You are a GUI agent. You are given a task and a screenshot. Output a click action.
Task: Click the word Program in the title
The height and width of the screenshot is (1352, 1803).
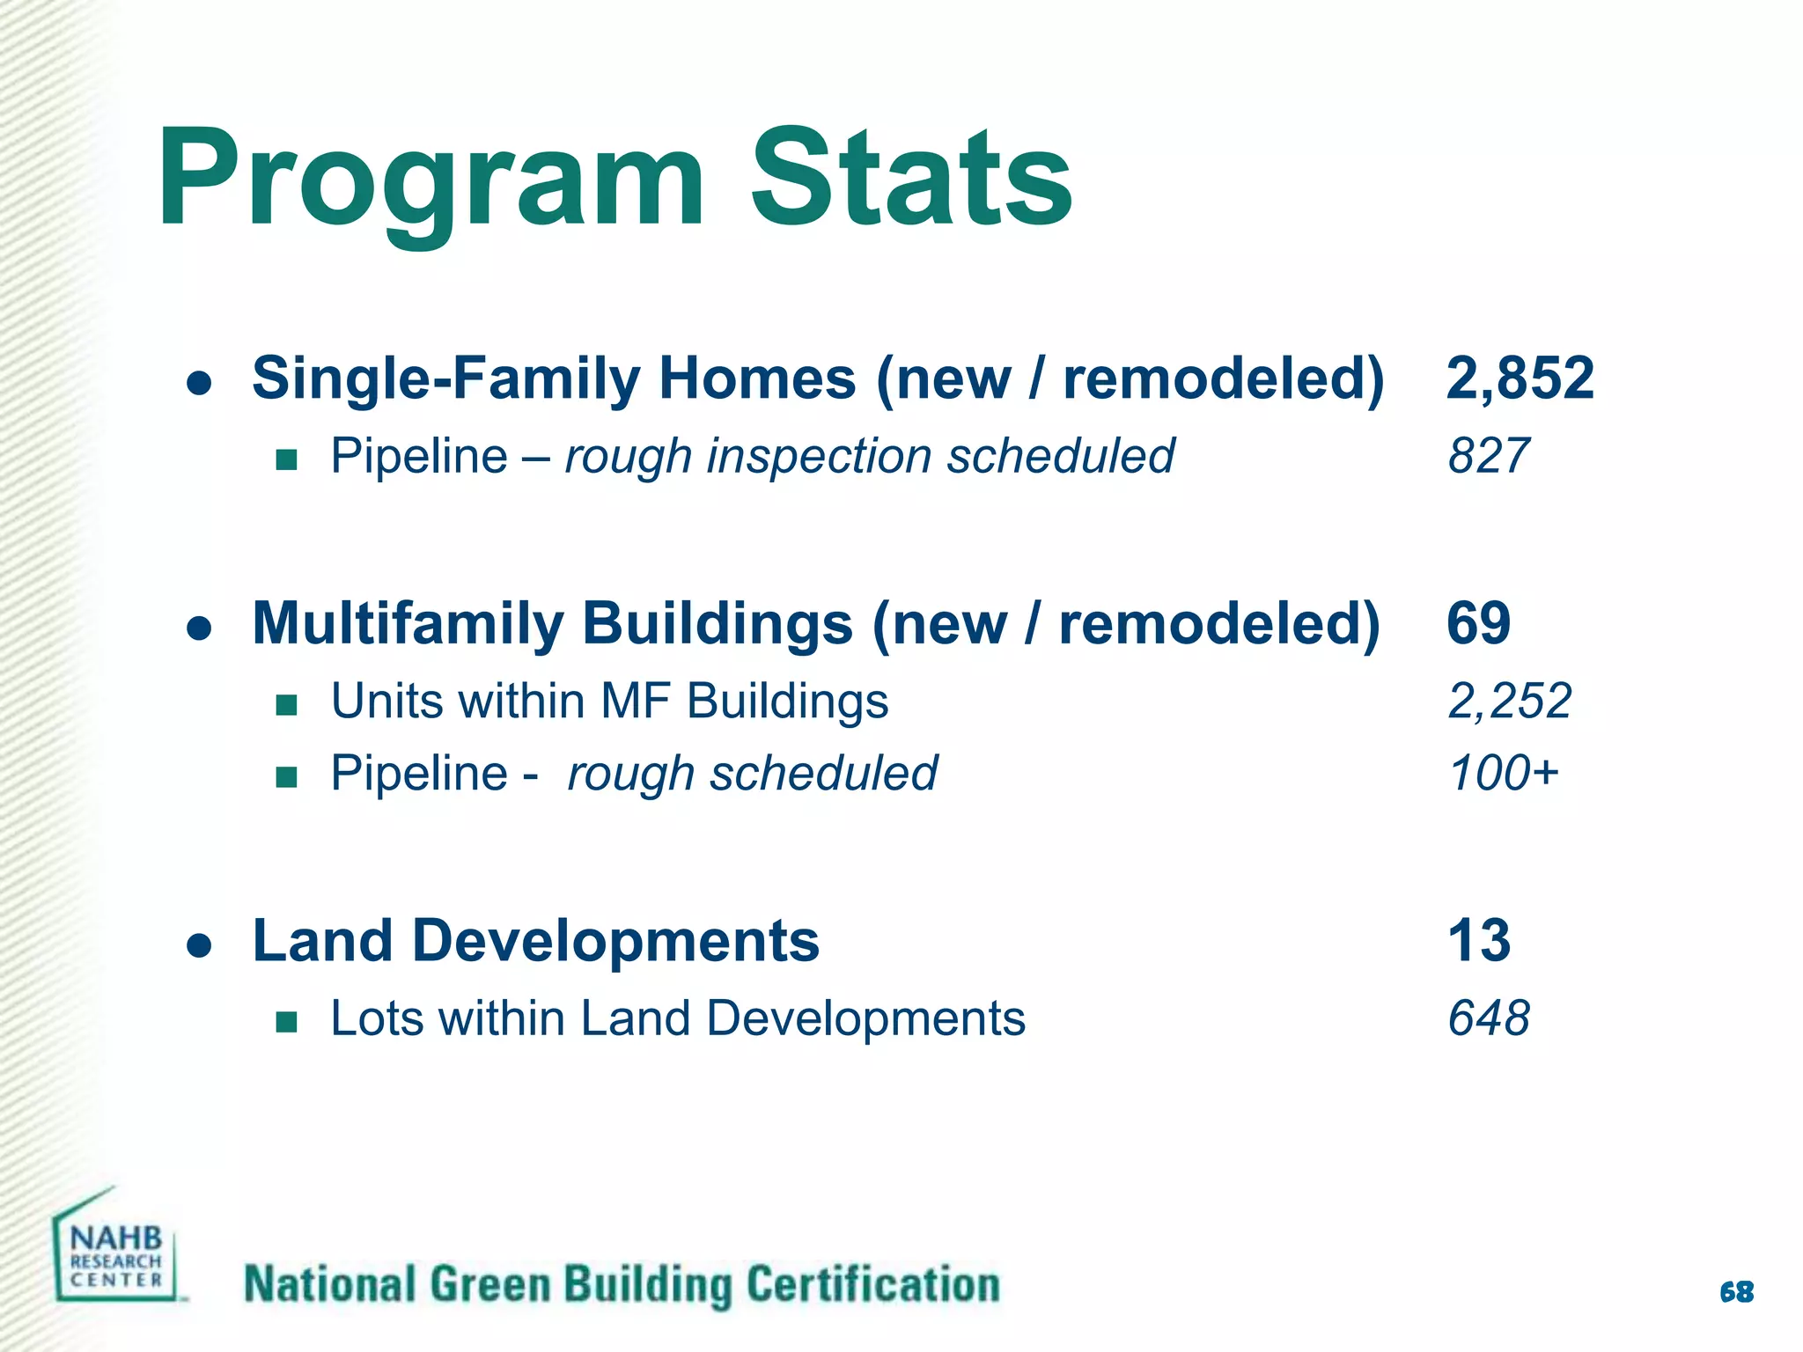(x=431, y=180)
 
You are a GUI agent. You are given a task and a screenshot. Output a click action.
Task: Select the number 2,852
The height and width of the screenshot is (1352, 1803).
(x=1520, y=378)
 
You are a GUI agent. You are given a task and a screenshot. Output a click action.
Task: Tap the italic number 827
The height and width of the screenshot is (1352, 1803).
(x=1488, y=456)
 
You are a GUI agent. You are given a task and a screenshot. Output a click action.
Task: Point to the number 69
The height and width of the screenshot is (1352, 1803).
(x=1478, y=623)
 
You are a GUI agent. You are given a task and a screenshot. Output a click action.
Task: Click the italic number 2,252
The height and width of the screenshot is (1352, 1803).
(x=1509, y=702)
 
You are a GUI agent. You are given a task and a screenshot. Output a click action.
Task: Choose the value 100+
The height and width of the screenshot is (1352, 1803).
(x=1503, y=773)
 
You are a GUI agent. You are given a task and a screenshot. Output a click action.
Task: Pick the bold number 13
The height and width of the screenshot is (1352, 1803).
(x=1479, y=940)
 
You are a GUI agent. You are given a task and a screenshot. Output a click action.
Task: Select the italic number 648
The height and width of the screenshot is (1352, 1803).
(x=1489, y=1018)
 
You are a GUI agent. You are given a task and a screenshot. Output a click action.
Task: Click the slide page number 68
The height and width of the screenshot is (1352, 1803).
(x=1736, y=1292)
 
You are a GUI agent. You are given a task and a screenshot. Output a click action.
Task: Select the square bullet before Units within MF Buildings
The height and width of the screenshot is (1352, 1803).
(x=286, y=705)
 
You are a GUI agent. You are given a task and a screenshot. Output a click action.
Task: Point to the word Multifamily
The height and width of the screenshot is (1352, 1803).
(x=407, y=623)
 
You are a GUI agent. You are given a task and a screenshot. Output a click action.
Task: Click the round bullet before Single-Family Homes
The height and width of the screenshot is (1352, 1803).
(x=200, y=384)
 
